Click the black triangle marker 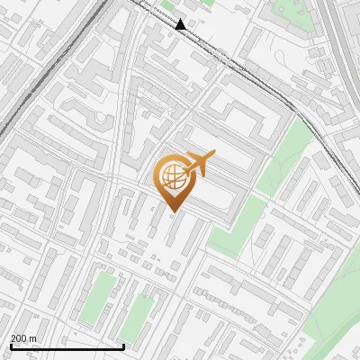[x=181, y=24]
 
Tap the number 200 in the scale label [x=19, y=339]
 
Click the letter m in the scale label [x=33, y=339]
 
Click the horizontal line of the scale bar [x=67, y=346]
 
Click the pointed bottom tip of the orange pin [x=172, y=211]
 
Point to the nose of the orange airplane [x=214, y=157]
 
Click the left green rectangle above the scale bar [x=102, y=297]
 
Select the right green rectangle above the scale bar [x=137, y=314]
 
